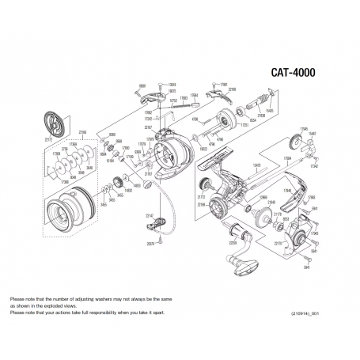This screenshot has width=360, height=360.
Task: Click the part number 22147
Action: pyautogui.click(x=149, y=214)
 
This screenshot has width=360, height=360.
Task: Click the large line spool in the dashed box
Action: pyautogui.click(x=59, y=214)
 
